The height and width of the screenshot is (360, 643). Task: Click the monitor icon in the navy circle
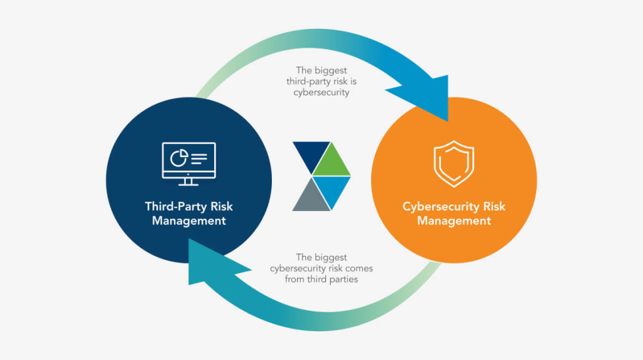point(188,163)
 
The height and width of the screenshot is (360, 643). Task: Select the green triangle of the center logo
point(331,160)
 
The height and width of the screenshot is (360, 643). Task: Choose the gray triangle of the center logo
point(309,194)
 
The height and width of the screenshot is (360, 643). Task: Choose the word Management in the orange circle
point(454,221)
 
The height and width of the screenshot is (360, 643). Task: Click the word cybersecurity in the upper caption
point(321,92)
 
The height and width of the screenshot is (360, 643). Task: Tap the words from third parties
point(321,279)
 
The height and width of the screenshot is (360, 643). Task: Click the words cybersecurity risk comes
point(321,268)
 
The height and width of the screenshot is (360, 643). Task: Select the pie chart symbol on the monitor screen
point(178,157)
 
